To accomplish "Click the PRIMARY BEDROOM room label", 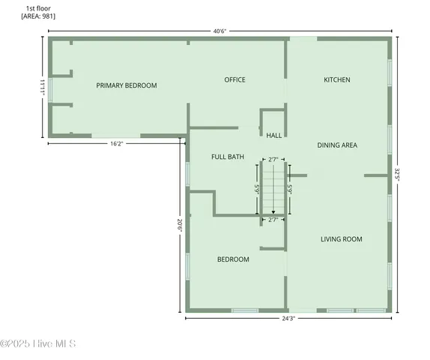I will click(127, 85).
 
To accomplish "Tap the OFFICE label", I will click(234, 79).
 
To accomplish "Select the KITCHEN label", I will click(336, 79).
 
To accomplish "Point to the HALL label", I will click(274, 136).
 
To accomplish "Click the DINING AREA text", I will click(336, 145).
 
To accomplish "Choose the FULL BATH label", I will click(227, 157).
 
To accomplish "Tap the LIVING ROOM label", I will click(341, 239).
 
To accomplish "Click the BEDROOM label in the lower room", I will click(233, 259).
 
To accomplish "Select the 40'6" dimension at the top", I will click(219, 31).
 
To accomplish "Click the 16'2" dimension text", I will click(116, 142).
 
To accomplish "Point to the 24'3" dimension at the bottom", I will click(288, 319).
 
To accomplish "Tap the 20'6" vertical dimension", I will click(180, 226).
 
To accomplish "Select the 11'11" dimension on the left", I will click(43, 87).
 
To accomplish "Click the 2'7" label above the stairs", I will click(273, 159).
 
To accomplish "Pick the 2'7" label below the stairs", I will click(273, 220).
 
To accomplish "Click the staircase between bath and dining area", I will click(273, 189).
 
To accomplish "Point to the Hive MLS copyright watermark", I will click(38, 344).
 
